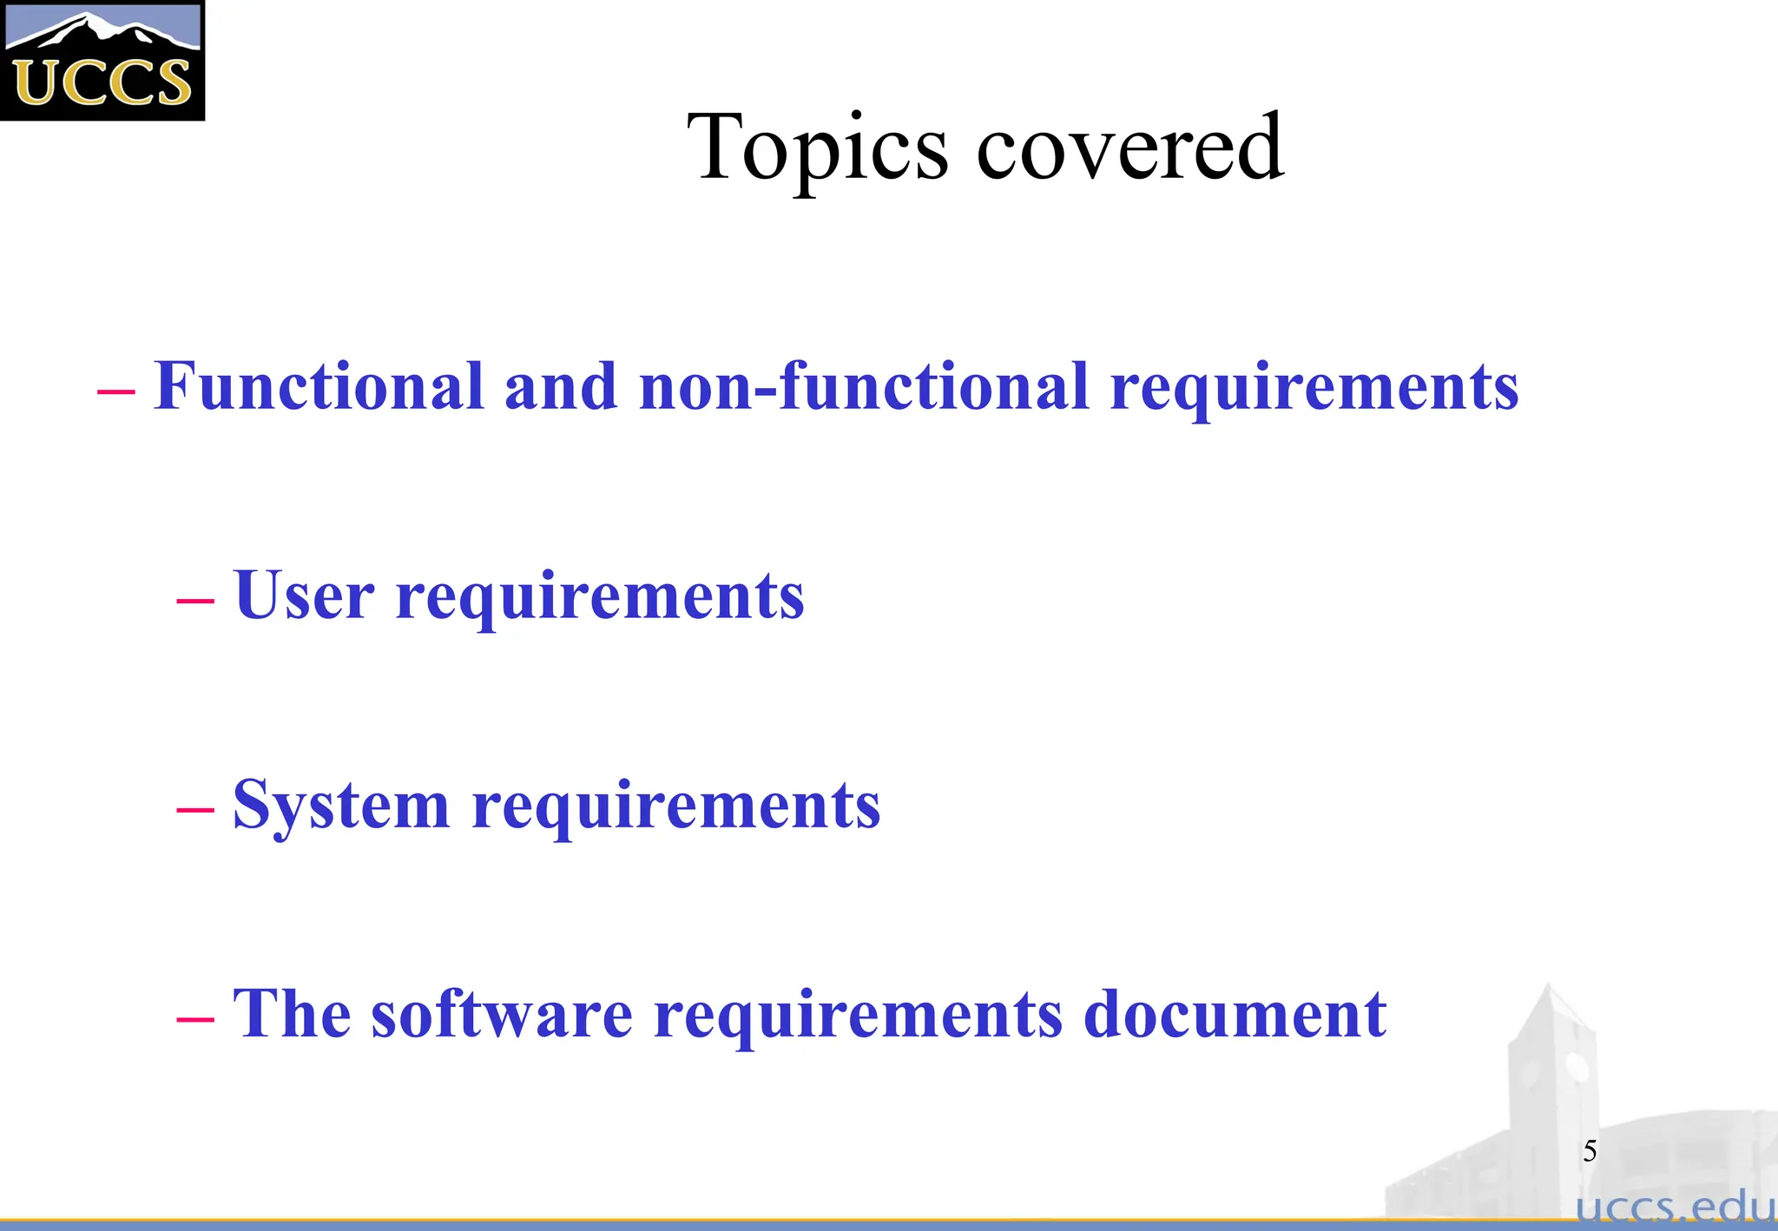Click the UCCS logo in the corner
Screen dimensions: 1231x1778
tap(102, 61)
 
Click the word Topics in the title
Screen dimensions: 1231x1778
tap(818, 148)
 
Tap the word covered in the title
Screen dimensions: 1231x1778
tap(1129, 148)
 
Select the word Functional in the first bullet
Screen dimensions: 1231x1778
tap(319, 386)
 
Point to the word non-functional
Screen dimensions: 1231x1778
tap(864, 386)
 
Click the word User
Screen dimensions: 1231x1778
tap(304, 596)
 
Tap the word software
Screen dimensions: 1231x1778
tap(502, 1014)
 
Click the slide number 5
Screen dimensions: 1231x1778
tap(1590, 1151)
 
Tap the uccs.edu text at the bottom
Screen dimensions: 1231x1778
tap(1676, 1208)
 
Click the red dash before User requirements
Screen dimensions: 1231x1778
tap(194, 599)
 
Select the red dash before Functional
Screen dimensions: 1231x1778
tap(115, 391)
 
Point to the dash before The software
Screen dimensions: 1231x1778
tap(194, 1017)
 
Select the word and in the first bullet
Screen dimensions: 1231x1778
tap(561, 386)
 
